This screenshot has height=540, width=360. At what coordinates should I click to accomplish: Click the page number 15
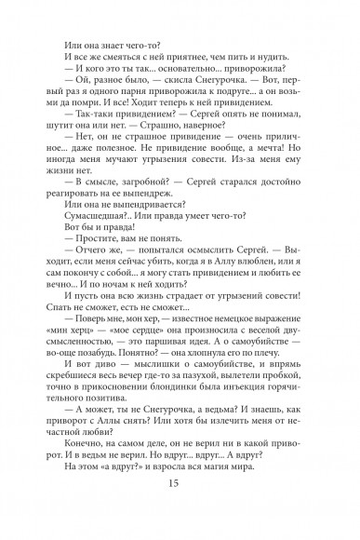click(180, 507)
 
